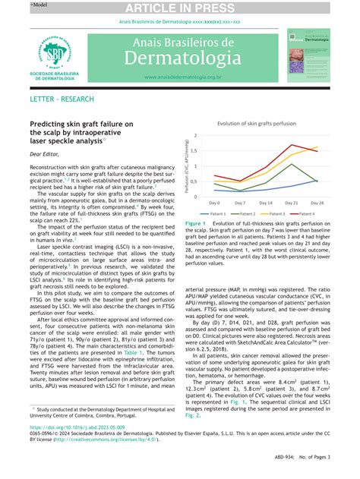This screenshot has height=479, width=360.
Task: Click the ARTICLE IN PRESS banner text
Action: (179, 8)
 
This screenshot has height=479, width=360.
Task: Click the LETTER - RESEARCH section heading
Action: (62, 99)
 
